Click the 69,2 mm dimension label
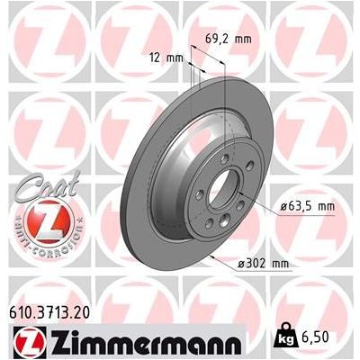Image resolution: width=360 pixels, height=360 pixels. click(x=226, y=39)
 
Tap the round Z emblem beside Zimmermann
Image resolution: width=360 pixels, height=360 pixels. click(x=27, y=343)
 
